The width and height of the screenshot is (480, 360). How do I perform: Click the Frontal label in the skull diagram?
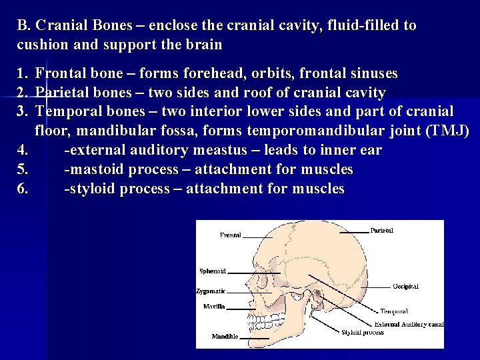point(231,235)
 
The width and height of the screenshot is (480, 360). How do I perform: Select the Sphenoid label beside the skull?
point(213,271)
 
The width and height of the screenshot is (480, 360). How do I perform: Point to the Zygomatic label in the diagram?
point(211,291)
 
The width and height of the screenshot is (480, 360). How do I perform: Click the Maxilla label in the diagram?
point(214,307)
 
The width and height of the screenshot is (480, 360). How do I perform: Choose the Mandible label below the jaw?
point(225,337)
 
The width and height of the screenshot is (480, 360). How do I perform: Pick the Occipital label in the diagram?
point(405,286)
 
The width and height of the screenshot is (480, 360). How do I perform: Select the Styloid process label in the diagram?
point(362,332)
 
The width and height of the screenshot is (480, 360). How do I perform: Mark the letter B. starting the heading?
point(25,26)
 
